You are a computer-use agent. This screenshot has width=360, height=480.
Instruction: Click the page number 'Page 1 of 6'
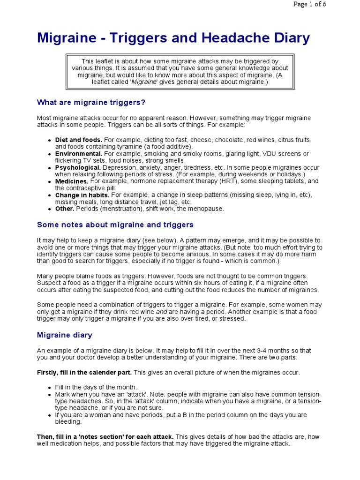tap(309, 4)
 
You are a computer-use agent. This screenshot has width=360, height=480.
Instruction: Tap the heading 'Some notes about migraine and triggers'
tap(115, 225)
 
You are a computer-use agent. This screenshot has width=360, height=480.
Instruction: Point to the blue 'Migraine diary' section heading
tap(65, 335)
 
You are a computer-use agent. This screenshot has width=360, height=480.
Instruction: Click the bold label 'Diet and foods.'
tap(79, 140)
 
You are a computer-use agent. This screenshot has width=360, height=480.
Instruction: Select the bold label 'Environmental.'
tap(79, 154)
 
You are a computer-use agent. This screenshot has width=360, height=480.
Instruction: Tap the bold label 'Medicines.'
tap(72, 181)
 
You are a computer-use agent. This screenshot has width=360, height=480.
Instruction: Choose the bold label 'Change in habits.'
tap(82, 195)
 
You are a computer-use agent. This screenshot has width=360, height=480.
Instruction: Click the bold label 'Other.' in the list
tap(65, 209)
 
